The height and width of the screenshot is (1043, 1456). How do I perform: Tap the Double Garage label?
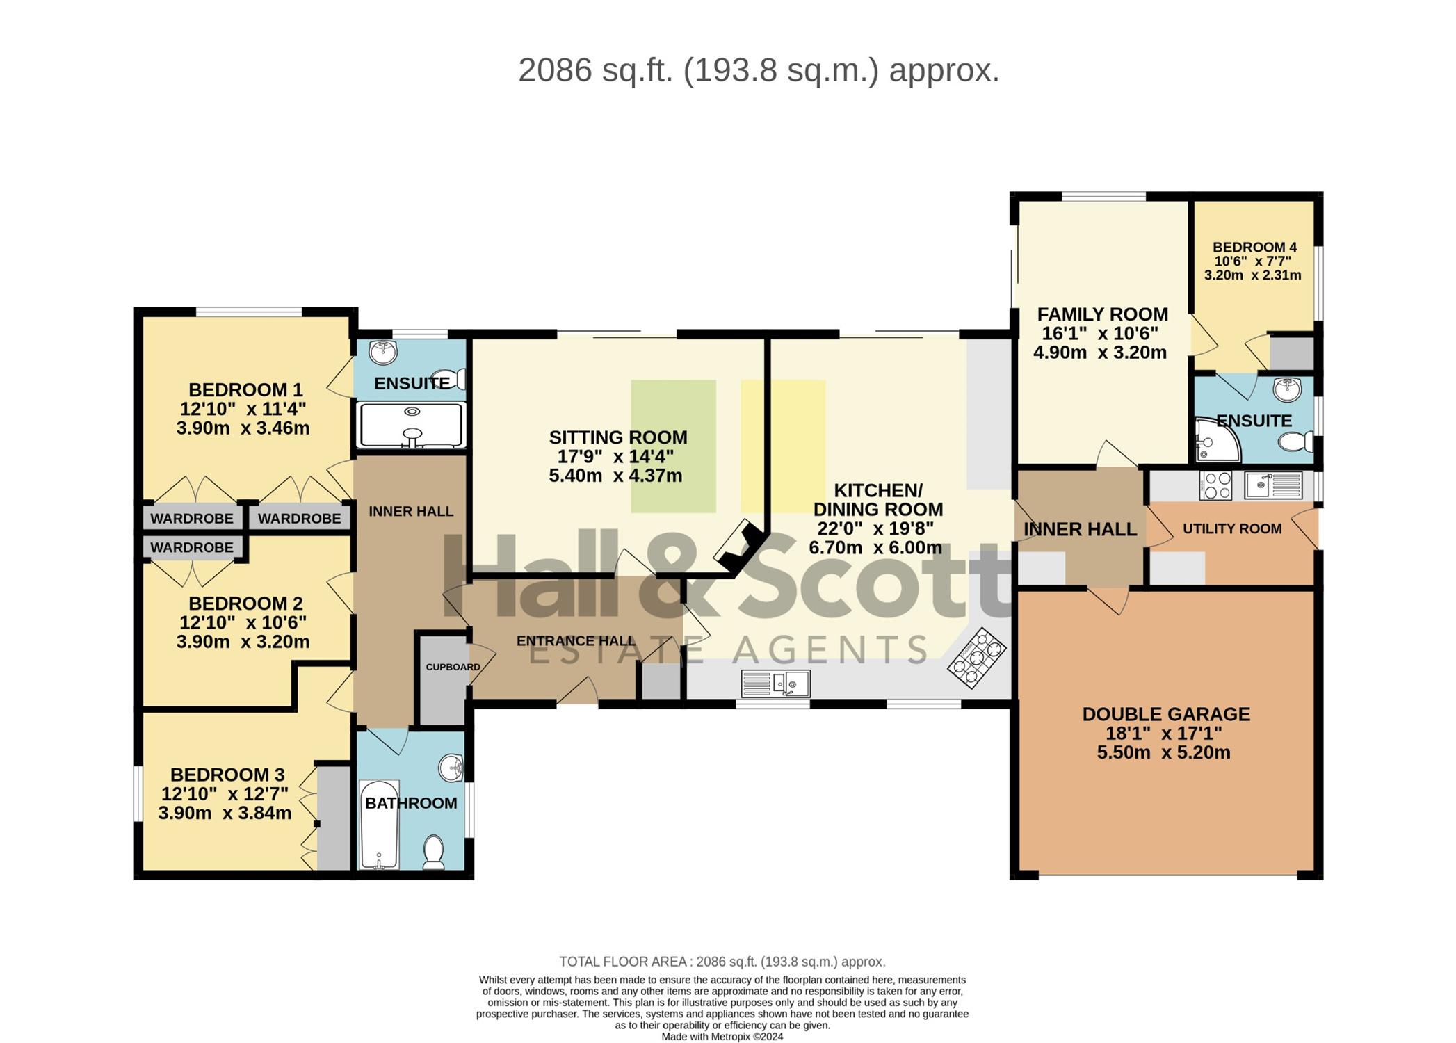coord(1166,714)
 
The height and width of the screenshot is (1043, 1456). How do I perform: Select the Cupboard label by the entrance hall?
coord(453,667)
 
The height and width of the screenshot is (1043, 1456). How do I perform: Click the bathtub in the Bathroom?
coord(379,825)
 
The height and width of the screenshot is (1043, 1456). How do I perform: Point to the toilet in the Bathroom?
coord(434,852)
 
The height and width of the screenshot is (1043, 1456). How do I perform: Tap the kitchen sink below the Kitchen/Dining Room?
coord(776,684)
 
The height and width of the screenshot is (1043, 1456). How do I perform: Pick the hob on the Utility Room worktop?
coord(1215,485)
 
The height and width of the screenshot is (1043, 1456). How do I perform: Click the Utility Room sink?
coord(1273,485)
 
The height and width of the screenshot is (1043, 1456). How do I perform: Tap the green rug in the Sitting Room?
coord(673,446)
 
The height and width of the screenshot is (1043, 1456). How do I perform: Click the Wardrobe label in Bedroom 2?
coord(192,548)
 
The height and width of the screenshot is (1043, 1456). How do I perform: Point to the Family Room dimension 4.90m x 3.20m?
coord(1100,353)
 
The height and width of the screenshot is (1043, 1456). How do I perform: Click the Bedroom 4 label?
coord(1254,247)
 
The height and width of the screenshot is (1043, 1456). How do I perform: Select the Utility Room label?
coord(1232,528)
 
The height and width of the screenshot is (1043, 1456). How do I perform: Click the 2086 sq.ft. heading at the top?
coord(759,70)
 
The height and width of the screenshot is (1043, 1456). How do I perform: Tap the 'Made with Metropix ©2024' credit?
coord(722,1037)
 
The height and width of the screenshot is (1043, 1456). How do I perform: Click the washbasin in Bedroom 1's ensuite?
coord(383,353)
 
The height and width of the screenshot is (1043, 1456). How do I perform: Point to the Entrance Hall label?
coord(576,641)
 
